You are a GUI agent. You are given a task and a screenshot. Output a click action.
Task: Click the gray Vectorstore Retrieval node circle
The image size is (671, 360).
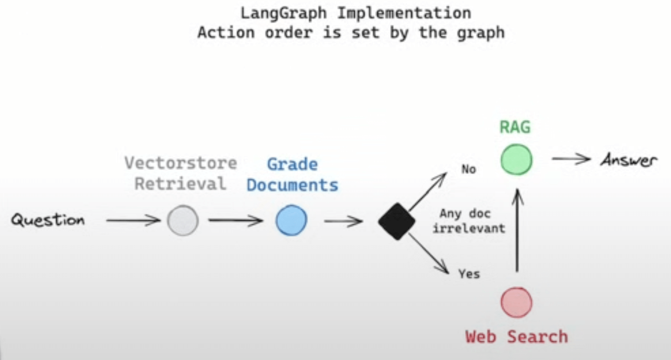point(183,221)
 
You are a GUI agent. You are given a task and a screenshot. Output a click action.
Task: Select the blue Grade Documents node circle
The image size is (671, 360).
point(291,221)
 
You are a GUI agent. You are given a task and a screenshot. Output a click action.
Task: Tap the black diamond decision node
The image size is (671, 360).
point(397,221)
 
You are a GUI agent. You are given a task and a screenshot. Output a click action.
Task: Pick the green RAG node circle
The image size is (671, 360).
point(516,160)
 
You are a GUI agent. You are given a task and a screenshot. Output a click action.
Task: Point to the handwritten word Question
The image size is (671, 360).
point(48,220)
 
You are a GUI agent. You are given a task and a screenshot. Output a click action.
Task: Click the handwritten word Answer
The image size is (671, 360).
point(629,160)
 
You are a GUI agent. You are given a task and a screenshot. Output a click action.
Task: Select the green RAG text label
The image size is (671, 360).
point(515,127)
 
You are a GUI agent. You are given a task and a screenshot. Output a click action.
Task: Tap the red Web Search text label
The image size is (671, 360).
point(516,336)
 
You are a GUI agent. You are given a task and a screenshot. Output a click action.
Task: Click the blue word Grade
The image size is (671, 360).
point(292,164)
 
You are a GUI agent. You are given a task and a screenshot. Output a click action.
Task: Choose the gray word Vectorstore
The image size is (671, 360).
point(181,163)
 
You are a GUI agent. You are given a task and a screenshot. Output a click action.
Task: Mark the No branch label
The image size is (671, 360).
point(468,170)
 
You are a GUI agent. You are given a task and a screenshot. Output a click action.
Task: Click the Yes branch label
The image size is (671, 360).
point(469,274)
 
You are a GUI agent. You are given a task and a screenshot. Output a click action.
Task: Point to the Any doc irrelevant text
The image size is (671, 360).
point(468,221)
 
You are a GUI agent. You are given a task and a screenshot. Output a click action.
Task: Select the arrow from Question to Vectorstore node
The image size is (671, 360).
point(133,220)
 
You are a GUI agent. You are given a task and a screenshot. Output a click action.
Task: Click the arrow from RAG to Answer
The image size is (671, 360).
point(571,160)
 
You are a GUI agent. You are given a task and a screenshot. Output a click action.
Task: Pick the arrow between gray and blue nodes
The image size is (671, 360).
point(236,220)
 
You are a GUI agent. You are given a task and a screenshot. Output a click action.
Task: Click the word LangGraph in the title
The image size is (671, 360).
point(284,13)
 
